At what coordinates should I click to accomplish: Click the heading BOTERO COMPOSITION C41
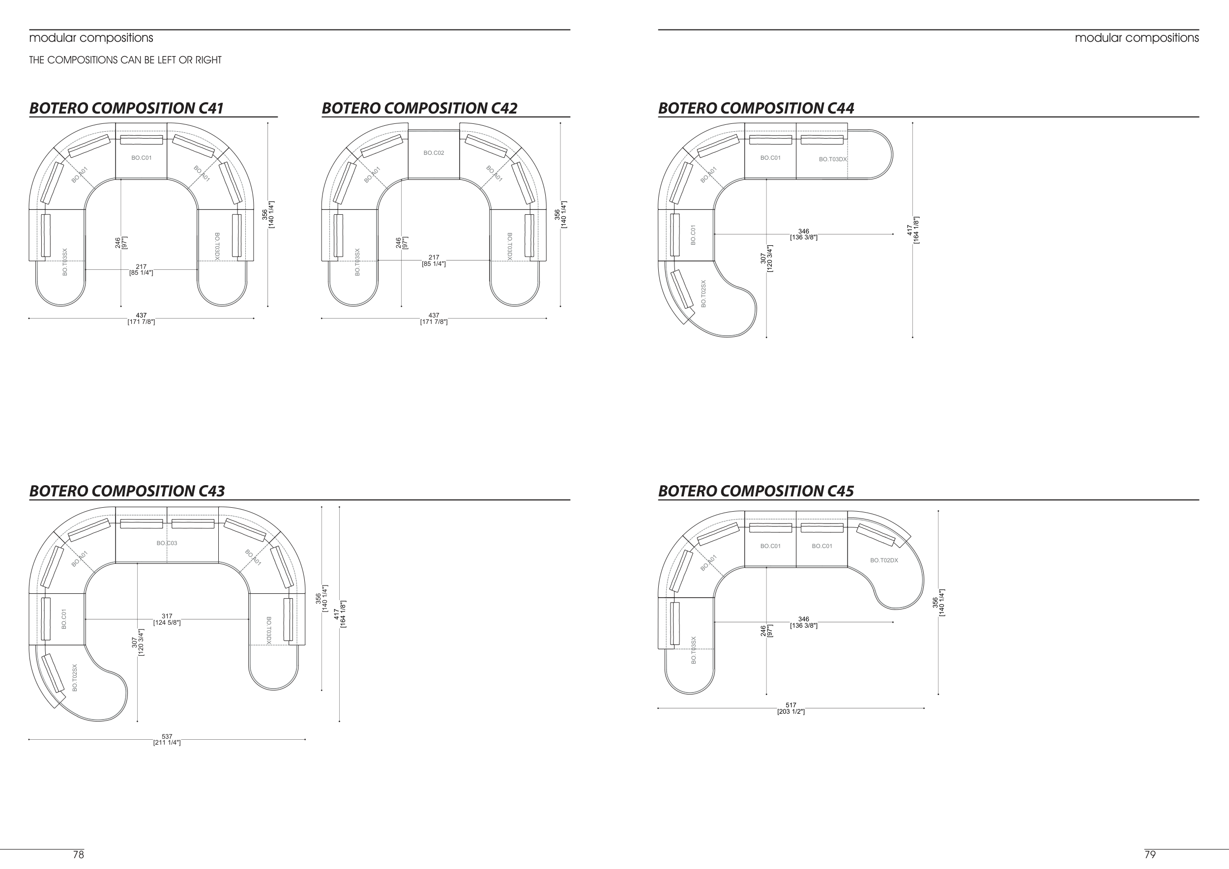(x=126, y=108)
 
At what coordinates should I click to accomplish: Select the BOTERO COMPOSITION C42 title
(x=420, y=108)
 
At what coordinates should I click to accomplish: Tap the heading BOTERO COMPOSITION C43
(x=127, y=491)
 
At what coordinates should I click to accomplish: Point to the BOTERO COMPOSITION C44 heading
(x=756, y=108)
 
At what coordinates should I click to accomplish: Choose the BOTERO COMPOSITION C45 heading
(x=756, y=491)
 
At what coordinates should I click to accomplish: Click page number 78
(x=78, y=855)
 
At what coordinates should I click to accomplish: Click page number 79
(x=1150, y=855)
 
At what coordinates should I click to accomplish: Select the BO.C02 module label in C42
(x=434, y=153)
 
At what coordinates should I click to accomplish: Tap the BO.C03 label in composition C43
(x=167, y=543)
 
